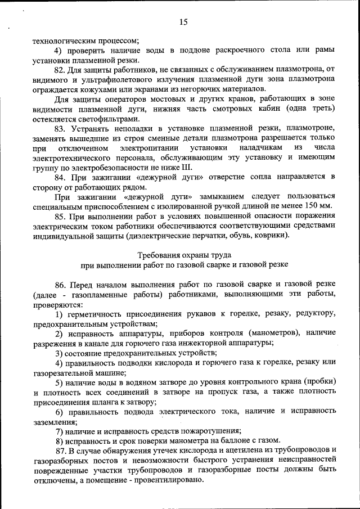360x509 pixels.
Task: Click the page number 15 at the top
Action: point(183,22)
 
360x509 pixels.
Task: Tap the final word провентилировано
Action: point(169,480)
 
